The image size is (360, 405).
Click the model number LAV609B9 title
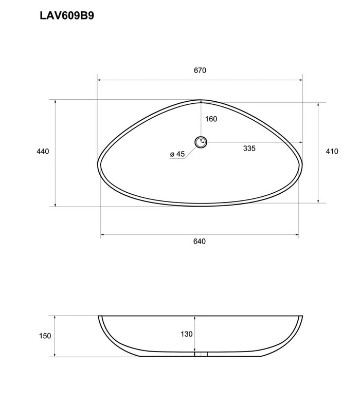click(67, 16)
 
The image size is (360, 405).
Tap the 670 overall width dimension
click(200, 70)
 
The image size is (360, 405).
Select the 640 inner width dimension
click(200, 241)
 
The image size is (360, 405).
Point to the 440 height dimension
click(43, 151)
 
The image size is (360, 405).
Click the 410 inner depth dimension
click(332, 151)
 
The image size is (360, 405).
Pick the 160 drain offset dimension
click(211, 119)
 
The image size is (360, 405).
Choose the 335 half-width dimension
click(249, 148)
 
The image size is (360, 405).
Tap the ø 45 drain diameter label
click(177, 154)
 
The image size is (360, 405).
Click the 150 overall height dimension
click(45, 336)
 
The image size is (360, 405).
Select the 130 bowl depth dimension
click(186, 334)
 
